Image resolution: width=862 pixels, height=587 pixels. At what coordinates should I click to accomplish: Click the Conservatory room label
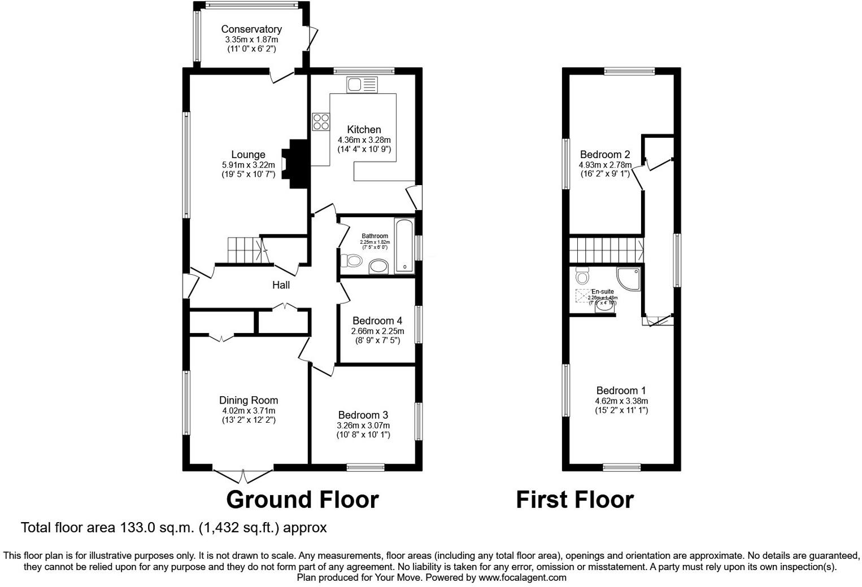[x=251, y=29]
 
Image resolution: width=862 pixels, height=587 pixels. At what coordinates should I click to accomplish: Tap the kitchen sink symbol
[x=362, y=85]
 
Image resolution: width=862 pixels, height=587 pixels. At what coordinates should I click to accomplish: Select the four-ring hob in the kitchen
[x=321, y=122]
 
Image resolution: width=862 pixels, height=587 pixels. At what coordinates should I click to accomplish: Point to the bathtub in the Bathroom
[x=404, y=246]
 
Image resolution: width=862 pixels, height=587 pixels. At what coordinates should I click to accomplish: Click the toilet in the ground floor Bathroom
[x=352, y=261]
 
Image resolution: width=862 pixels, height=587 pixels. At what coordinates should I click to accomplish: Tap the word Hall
[x=281, y=285]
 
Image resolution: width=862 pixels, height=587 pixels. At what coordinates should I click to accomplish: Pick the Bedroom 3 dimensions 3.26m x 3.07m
[x=363, y=425]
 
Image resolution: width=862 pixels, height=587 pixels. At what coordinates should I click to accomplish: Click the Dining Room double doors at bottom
[x=243, y=476]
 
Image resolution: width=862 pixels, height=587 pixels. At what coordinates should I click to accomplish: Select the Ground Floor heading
[x=302, y=500]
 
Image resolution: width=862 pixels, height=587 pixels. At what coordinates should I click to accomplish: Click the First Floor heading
[x=574, y=500]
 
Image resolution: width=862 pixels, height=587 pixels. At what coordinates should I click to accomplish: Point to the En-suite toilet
[x=582, y=276]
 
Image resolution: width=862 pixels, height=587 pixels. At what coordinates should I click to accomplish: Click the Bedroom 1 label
[x=621, y=391]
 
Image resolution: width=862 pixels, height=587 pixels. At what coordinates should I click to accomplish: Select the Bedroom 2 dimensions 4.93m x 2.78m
[x=604, y=165]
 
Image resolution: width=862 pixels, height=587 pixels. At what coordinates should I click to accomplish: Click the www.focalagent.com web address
[x=522, y=577]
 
